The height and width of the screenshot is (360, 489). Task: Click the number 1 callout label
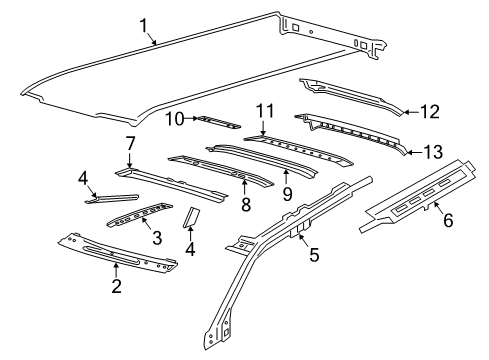point(143,25)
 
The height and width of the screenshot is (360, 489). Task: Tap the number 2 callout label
point(117,285)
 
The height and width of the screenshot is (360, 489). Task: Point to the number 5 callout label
point(313,255)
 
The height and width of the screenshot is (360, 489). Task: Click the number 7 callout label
point(129,145)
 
